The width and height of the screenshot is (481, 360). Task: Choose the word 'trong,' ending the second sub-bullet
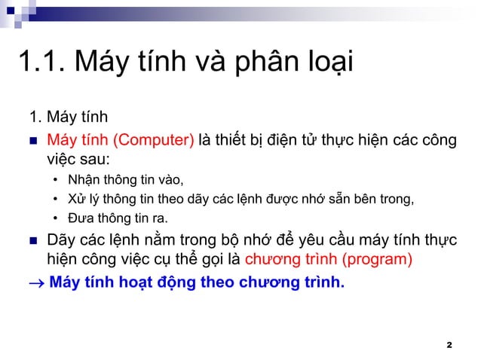(x=397, y=200)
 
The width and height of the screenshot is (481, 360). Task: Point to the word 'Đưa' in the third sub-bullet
(x=80, y=219)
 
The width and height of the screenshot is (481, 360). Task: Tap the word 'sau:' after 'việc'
(x=93, y=160)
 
